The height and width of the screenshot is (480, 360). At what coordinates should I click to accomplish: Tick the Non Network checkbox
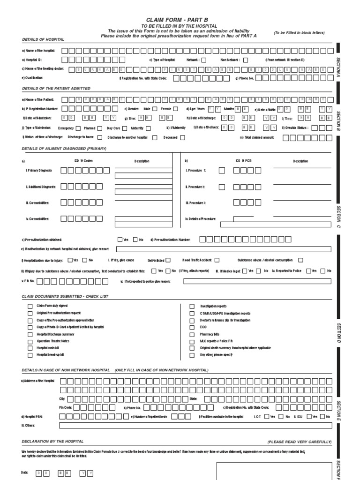tap(246, 60)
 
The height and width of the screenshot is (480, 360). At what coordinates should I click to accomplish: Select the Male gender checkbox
tap(155, 109)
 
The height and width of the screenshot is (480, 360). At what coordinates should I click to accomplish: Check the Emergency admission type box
tap(78, 128)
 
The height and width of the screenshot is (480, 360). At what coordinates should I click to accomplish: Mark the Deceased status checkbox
tap(182, 137)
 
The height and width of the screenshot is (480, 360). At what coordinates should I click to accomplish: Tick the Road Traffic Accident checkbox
tap(217, 260)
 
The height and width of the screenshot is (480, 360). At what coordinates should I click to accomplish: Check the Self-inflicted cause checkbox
tap(168, 260)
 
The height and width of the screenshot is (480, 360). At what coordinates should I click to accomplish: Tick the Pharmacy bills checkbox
tap(192, 334)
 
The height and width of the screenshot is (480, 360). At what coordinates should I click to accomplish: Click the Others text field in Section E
tap(195, 425)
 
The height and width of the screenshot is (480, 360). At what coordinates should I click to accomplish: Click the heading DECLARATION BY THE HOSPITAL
tap(52, 442)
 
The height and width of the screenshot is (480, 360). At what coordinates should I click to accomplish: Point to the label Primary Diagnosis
tap(39, 171)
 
